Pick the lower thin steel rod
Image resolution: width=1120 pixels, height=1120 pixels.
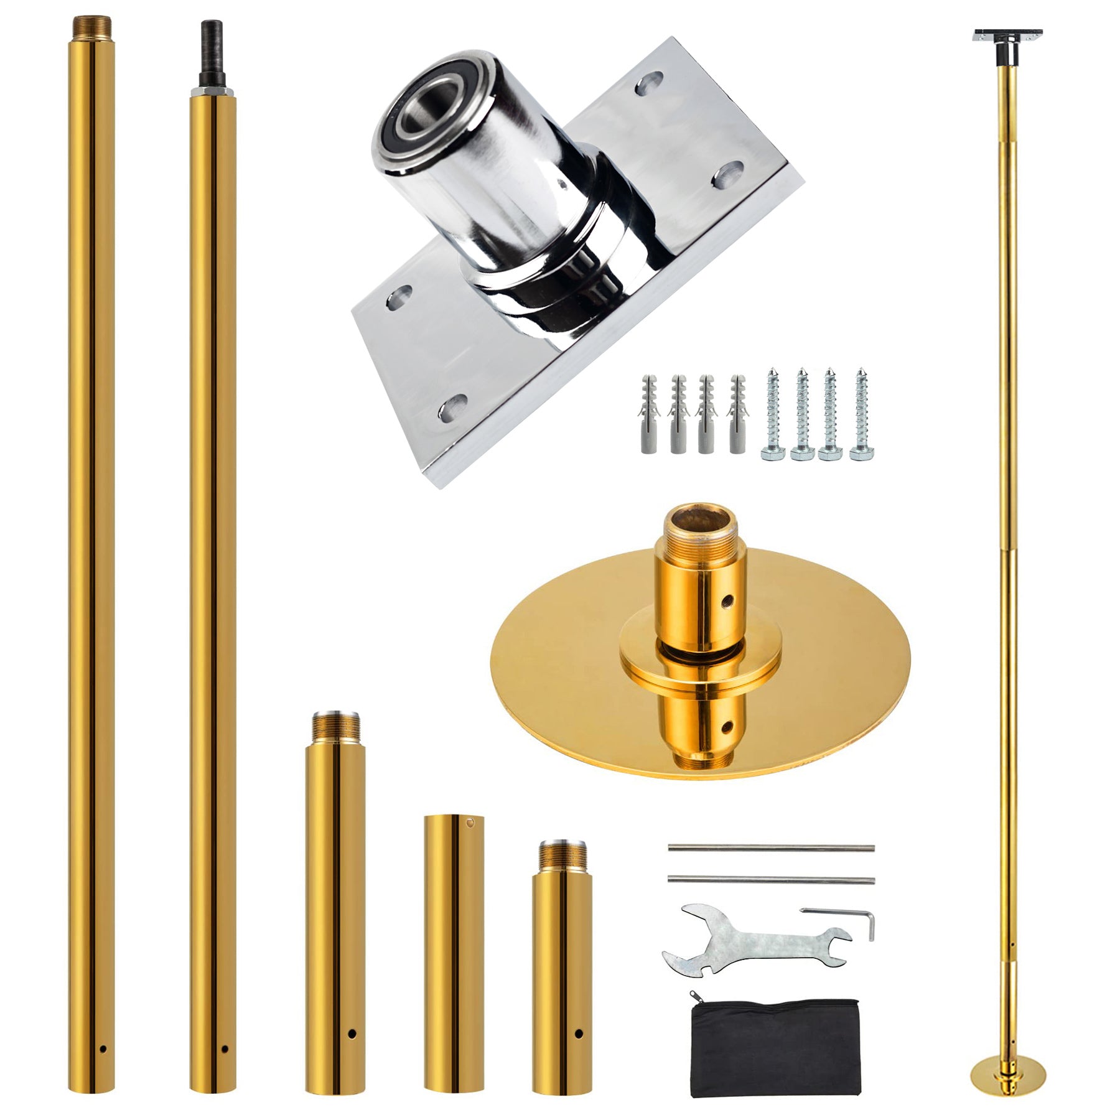pos(772,879)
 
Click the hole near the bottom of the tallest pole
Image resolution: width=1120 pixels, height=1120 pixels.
pos(103,1048)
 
